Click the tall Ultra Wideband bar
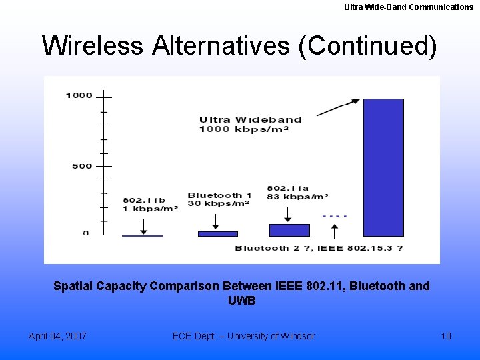(383, 167)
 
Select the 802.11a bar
(289, 230)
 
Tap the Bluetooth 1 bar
(217, 234)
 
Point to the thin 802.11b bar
(142, 236)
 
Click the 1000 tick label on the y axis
(79, 95)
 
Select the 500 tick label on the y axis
(82, 165)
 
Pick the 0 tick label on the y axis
(85, 233)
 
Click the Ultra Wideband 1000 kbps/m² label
(250, 124)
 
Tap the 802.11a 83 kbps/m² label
(297, 192)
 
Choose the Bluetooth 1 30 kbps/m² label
(219, 199)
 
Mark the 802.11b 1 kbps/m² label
(149, 204)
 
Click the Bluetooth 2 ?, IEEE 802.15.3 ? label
(319, 248)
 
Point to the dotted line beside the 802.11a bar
(334, 217)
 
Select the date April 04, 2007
(57, 336)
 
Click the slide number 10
(446, 336)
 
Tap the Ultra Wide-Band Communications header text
(409, 7)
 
